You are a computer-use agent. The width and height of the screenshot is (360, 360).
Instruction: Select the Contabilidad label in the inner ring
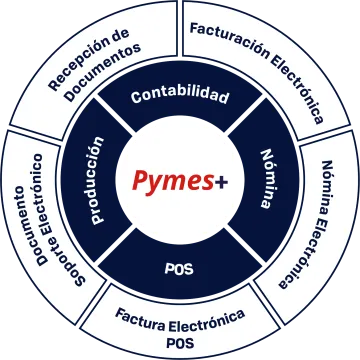pos(180,97)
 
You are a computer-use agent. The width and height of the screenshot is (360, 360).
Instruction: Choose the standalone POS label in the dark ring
pos(180,268)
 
